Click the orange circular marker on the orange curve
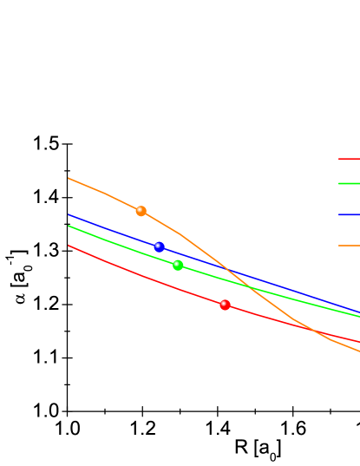tap(141, 211)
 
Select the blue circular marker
tap(159, 247)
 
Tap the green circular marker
tap(178, 266)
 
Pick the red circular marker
tap(225, 305)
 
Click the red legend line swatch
tap(349, 159)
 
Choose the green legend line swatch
tap(349, 183)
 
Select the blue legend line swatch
tap(349, 214)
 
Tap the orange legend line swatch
tap(349, 246)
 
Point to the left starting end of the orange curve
tap(69, 178)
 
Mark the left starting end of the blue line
tap(69, 214)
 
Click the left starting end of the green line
tap(69, 226)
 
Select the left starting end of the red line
tap(69, 246)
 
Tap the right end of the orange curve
tap(358, 351)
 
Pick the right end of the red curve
tap(358, 341)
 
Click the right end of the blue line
tap(358, 312)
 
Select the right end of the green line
tap(358, 317)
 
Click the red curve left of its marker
tap(147, 278)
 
